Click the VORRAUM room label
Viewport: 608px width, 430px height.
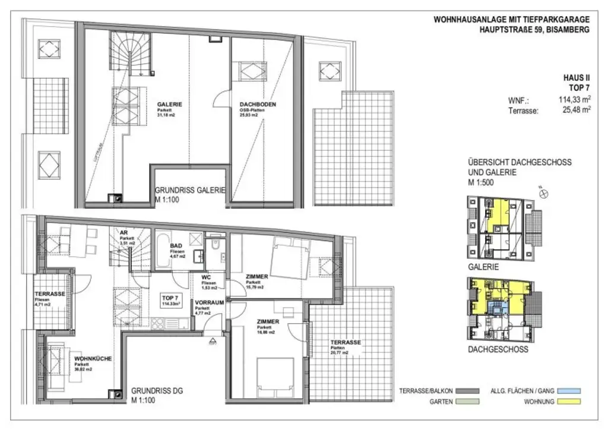click(209, 302)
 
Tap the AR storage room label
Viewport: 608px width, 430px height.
click(124, 233)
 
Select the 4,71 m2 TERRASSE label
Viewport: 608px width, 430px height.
click(50, 295)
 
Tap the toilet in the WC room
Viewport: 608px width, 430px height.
click(216, 246)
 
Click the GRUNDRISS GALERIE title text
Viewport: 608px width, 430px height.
click(190, 191)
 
